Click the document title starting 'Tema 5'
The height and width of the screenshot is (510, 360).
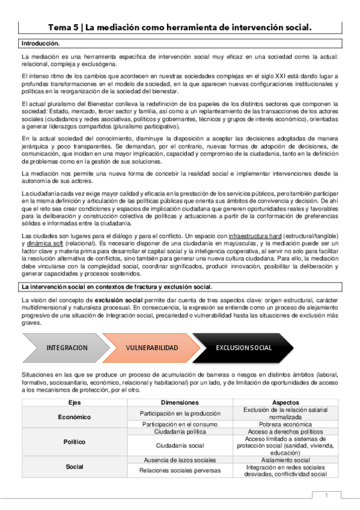(180, 27)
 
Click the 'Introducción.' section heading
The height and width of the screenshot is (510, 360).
(40, 44)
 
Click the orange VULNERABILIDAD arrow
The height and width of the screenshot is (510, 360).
(152, 348)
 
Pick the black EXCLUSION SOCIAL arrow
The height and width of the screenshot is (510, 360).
(243, 348)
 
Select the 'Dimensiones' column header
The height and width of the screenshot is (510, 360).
(180, 402)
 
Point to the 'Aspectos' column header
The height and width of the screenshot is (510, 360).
(285, 402)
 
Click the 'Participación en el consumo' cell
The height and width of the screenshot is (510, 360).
(180, 424)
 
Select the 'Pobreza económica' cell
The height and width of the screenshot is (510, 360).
(285, 424)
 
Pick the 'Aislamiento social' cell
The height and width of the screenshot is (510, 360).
(285, 459)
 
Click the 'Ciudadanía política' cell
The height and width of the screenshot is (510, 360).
(180, 432)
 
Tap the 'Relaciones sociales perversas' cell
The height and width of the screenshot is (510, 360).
(180, 470)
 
